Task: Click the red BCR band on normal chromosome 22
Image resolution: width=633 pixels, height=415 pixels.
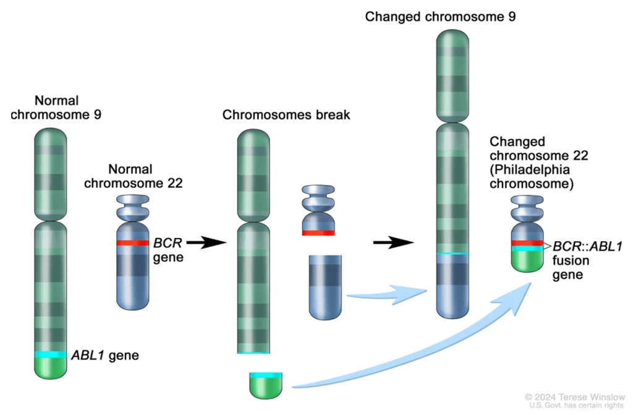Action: (x=132, y=243)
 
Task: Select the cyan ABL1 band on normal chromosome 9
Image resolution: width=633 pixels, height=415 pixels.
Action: (x=51, y=354)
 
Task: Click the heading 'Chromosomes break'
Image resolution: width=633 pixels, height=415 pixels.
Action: (x=286, y=115)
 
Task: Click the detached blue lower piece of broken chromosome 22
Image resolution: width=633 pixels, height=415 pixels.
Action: (x=326, y=288)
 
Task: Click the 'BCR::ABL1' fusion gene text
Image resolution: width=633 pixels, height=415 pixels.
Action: (x=587, y=247)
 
